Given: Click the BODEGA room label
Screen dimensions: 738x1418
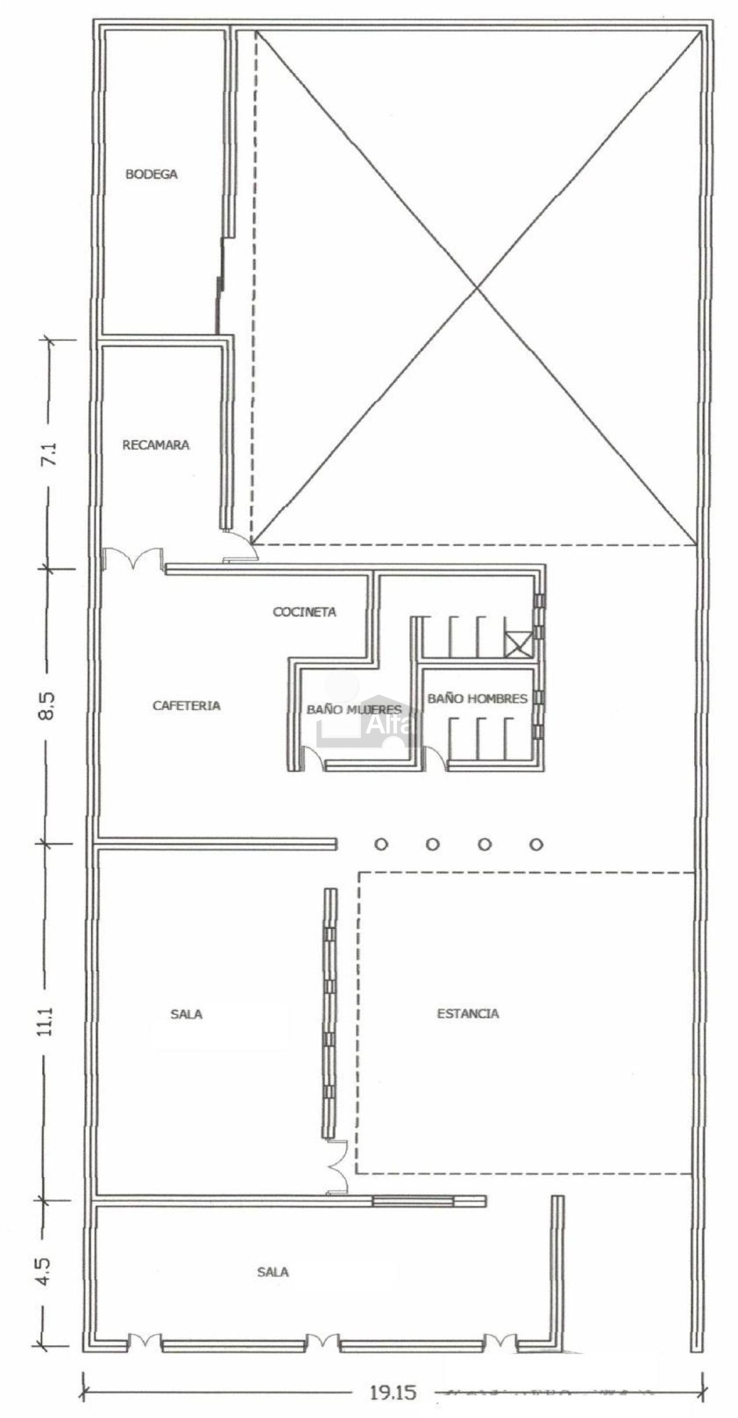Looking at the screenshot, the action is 151,174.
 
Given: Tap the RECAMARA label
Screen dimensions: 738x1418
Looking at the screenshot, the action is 156,445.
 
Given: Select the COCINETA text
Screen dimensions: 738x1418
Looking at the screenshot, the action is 304,612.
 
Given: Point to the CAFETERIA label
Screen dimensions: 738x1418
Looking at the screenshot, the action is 186,705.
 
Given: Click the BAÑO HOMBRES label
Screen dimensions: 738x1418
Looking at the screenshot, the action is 477,698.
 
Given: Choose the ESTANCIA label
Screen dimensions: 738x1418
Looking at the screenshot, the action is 468,1013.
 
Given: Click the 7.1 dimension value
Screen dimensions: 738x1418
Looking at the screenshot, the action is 50,455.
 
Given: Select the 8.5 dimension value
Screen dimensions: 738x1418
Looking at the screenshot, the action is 48,705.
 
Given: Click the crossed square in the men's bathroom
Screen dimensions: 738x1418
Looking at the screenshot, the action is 517,644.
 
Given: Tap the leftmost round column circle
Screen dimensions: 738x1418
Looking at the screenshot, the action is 381,845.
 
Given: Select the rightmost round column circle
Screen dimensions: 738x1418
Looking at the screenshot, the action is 537,845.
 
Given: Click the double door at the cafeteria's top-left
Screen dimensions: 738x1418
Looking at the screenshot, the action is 134,558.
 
